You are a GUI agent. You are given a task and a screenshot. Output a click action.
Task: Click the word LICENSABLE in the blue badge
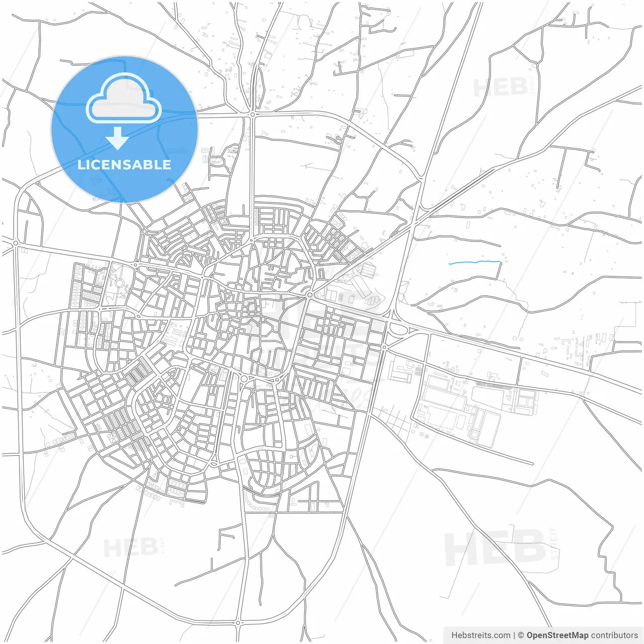[x=124, y=165]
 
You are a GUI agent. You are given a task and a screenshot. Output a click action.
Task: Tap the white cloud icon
[x=124, y=99]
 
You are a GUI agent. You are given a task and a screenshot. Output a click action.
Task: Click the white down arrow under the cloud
[x=118, y=138]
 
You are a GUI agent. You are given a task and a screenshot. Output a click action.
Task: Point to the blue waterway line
[x=474, y=262]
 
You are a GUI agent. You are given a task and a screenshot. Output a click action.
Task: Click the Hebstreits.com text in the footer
[x=480, y=635]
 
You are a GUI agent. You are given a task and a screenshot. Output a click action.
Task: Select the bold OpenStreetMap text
[x=557, y=635]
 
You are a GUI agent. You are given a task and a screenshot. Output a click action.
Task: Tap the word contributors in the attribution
[x=614, y=635]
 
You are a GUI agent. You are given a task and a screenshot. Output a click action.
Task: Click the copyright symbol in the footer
[x=521, y=635]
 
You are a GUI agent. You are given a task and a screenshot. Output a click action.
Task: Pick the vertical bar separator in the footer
[x=514, y=635]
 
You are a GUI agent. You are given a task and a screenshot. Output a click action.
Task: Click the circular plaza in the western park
[x=119, y=283]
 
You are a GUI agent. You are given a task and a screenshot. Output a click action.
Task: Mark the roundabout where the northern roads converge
[x=252, y=115]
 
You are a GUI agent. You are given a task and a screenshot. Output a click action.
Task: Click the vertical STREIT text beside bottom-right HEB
[x=554, y=543]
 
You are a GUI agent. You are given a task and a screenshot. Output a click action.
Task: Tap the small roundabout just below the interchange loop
[x=384, y=347]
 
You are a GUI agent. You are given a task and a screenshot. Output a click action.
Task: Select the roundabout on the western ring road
[x=16, y=243]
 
